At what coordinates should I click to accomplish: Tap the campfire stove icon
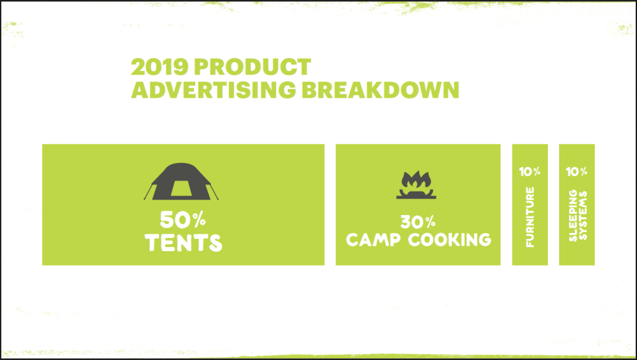click(416, 185)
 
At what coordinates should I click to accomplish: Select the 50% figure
click(183, 220)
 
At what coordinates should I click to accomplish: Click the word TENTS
click(184, 242)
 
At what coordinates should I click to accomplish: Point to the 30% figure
click(418, 222)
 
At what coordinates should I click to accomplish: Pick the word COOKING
click(450, 239)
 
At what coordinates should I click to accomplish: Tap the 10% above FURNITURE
click(530, 172)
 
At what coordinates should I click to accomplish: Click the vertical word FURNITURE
click(530, 217)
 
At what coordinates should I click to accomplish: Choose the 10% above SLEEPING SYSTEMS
click(577, 172)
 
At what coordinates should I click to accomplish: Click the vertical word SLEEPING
click(573, 216)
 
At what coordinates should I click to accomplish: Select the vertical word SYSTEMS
click(582, 216)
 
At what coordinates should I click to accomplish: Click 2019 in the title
click(160, 67)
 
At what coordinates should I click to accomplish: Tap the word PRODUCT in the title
click(253, 67)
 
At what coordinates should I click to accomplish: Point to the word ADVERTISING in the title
click(214, 90)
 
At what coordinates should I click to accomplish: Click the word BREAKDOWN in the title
click(381, 90)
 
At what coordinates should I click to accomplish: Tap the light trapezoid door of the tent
click(181, 188)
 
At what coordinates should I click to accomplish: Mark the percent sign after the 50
click(199, 220)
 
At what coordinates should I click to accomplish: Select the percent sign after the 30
click(430, 221)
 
